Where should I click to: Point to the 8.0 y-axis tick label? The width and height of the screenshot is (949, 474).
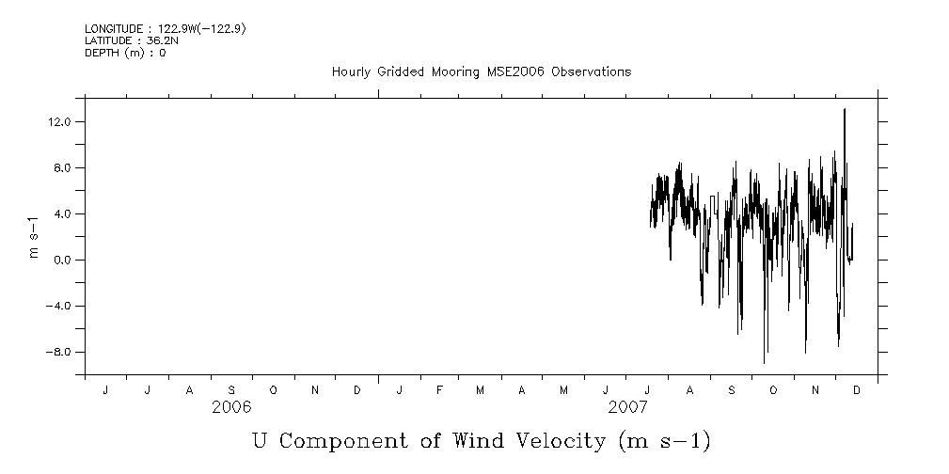point(62,168)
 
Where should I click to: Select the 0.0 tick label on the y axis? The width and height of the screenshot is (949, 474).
point(62,261)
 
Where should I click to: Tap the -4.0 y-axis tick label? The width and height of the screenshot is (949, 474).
point(59,307)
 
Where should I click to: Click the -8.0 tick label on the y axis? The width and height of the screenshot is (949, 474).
point(59,353)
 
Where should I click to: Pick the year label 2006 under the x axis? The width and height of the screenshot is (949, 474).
point(231,407)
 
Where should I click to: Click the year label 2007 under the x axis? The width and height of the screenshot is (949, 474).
point(628,407)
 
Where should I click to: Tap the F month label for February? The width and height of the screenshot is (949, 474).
point(439,390)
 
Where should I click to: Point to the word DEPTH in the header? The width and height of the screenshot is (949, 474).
point(101,53)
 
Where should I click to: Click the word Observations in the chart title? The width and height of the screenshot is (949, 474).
point(591,72)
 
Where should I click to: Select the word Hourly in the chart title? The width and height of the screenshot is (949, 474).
point(351,72)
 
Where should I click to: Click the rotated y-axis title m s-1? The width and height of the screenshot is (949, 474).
point(34,237)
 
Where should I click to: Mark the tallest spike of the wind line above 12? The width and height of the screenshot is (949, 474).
point(845,110)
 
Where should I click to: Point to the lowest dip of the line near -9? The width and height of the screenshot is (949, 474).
point(764,362)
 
